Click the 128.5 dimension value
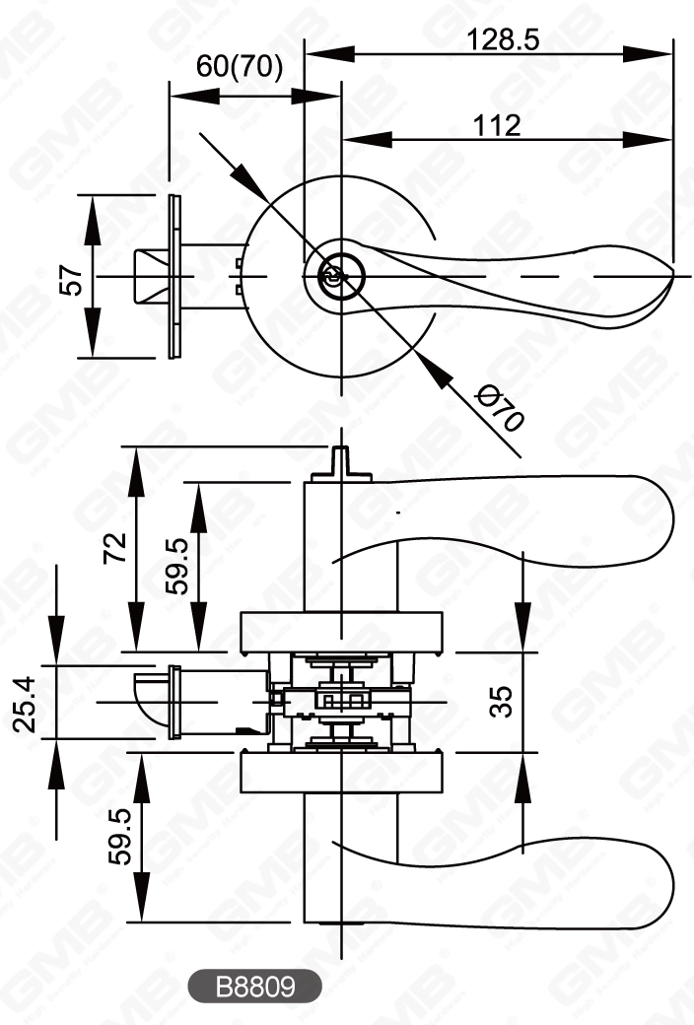504,39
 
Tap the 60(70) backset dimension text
240,66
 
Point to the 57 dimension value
70,278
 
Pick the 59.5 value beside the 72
177,566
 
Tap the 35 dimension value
501,702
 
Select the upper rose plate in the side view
339,632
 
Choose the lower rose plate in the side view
339,774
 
